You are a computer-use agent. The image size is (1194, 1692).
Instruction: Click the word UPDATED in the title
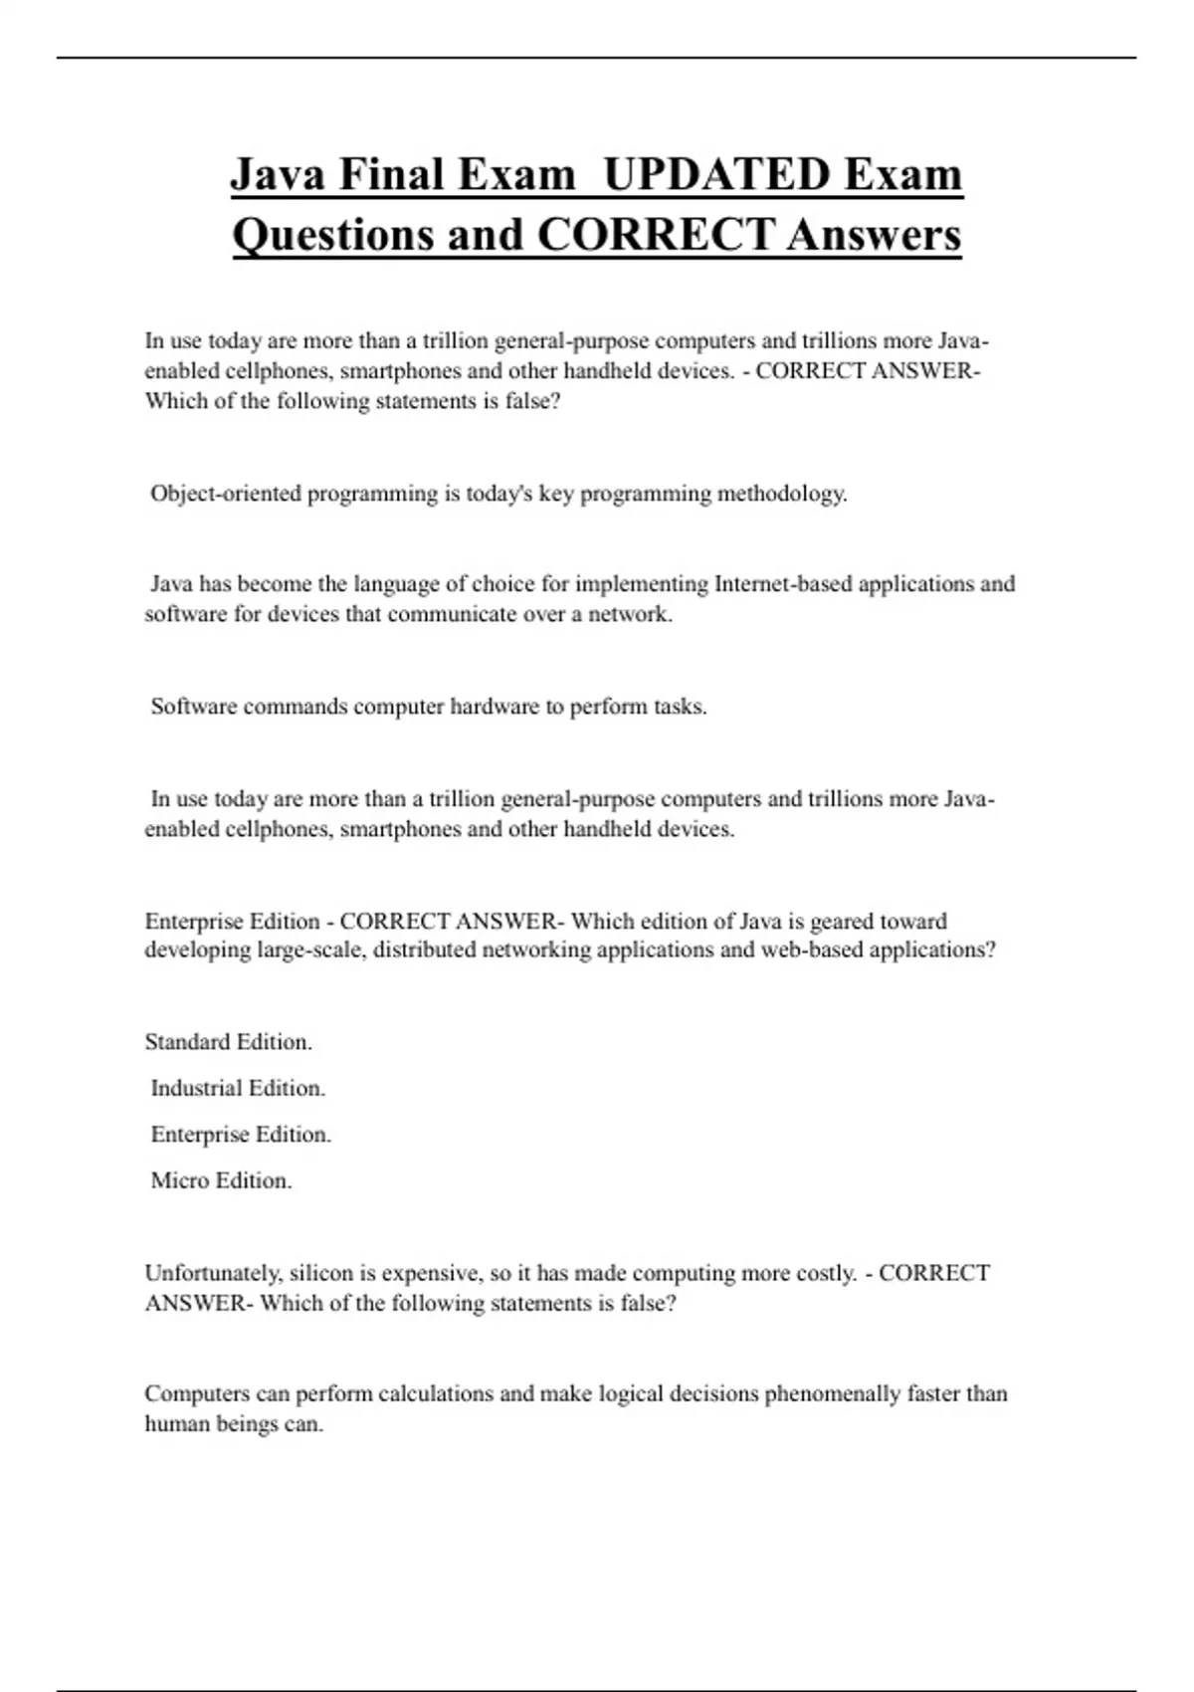click(716, 175)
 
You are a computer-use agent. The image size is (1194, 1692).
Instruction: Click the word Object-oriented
click(226, 494)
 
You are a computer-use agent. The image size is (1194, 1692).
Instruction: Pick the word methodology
click(782, 494)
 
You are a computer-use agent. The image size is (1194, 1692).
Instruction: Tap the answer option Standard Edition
click(228, 1042)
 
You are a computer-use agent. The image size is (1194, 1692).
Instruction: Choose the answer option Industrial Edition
click(238, 1088)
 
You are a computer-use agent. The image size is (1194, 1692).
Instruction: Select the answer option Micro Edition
click(221, 1180)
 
